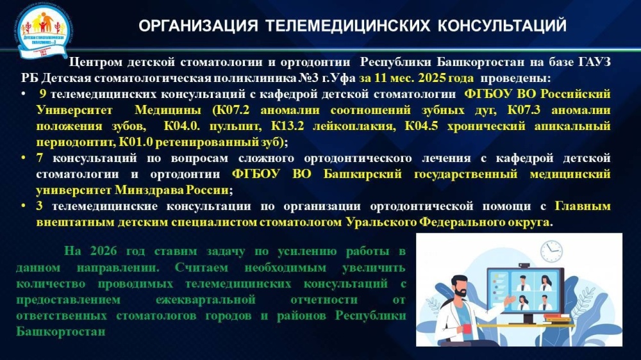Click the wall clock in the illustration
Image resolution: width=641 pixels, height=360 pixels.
(551, 250)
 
